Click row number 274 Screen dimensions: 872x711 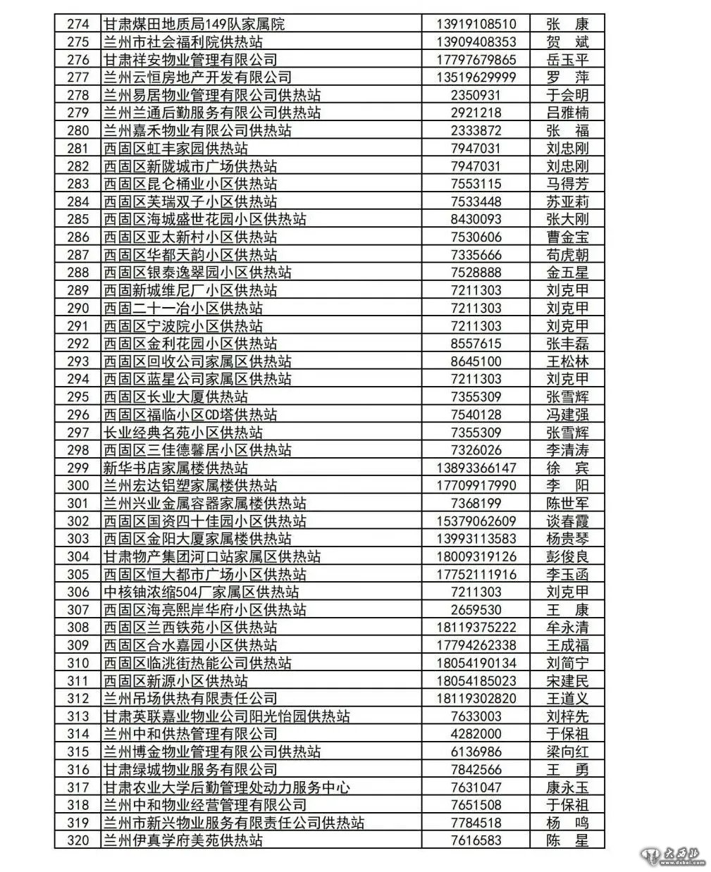click(78, 24)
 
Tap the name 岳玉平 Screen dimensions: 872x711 click(567, 60)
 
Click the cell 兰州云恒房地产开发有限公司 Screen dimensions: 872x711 click(197, 77)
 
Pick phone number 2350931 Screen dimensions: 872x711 click(476, 95)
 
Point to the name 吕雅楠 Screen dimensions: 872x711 click(567, 113)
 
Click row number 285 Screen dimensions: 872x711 click(78, 219)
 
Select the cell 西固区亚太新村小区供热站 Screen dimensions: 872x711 click(190, 237)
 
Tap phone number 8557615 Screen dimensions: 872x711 click(476, 344)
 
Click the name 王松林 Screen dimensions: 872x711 click(567, 361)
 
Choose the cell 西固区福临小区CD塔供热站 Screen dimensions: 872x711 click(190, 415)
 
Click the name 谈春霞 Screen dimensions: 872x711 click(567, 521)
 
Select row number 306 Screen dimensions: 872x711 click(78, 592)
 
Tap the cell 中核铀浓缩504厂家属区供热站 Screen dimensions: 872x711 click(202, 592)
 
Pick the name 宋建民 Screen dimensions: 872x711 click(567, 681)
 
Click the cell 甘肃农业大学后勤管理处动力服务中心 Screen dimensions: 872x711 click(227, 787)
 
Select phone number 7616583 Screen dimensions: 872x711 click(476, 840)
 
